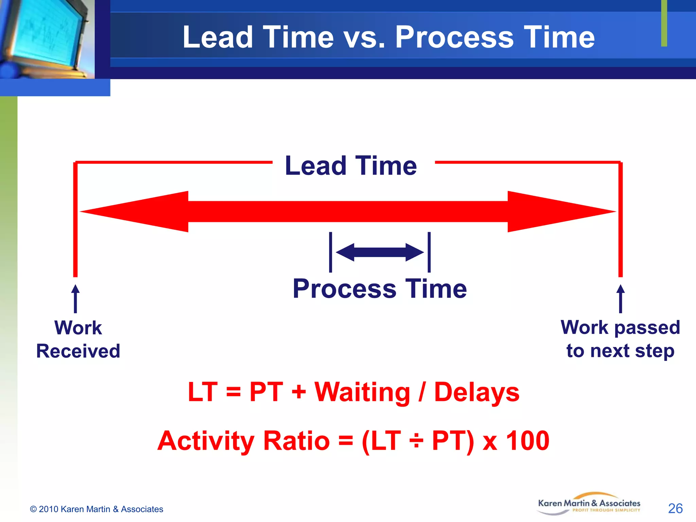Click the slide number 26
pyautogui.click(x=675, y=508)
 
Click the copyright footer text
pyautogui.click(x=97, y=509)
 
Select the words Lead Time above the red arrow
pyautogui.click(x=351, y=166)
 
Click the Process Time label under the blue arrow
pyautogui.click(x=380, y=289)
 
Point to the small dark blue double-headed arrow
pyautogui.click(x=380, y=253)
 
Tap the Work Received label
pyautogui.click(x=78, y=339)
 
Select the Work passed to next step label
pyautogui.click(x=620, y=339)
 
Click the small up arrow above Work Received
pyautogui.click(x=75, y=298)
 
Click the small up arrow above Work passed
pyautogui.click(x=621, y=298)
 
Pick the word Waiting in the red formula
pyautogui.click(x=362, y=393)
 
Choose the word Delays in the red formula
pyautogui.click(x=476, y=393)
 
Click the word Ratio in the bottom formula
pyautogui.click(x=296, y=441)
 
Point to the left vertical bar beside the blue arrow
pyautogui.click(x=330, y=252)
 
